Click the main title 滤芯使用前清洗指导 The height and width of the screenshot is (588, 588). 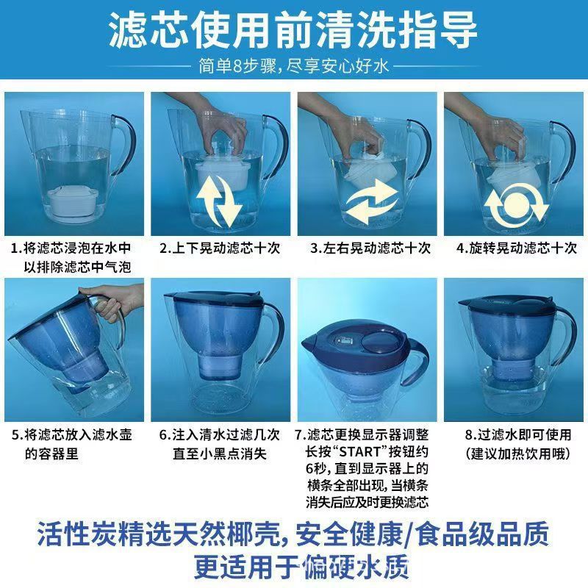[293, 30]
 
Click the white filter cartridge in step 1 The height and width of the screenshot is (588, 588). [73, 202]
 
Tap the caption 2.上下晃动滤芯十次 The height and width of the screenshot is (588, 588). [220, 248]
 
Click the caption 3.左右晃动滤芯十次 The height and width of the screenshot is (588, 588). [367, 248]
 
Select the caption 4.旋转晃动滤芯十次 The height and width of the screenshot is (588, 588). [517, 248]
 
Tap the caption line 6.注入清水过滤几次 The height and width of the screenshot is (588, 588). [220, 434]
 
